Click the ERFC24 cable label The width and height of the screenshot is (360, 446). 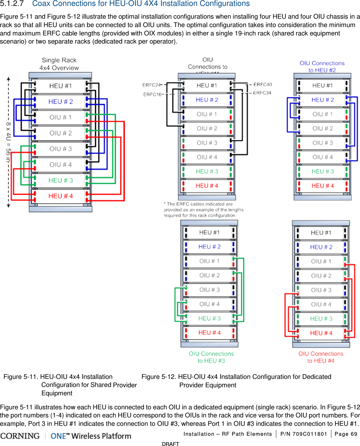(151, 85)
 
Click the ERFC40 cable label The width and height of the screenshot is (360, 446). (262, 84)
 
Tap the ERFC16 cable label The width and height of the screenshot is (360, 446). (152, 94)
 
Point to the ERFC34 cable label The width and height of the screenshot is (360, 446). (262, 93)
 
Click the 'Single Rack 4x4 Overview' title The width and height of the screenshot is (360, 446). (59, 64)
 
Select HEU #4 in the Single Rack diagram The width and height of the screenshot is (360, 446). (60, 196)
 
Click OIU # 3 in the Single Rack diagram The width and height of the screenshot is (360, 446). (60, 149)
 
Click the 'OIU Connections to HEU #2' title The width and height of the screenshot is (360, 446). (322, 67)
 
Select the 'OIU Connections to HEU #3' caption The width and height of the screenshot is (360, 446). (211, 357)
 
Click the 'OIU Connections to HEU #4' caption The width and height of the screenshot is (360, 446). (321, 357)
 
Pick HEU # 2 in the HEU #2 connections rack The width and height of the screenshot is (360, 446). (323, 100)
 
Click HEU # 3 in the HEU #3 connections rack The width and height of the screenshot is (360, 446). (209, 319)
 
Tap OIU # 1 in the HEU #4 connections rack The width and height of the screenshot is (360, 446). (321, 261)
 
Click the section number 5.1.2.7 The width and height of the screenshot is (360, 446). (12, 4)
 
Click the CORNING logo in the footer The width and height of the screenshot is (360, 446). (20, 436)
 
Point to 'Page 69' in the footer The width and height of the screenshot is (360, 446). (346, 434)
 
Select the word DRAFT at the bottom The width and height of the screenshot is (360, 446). (170, 444)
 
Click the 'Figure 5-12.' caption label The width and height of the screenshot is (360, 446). (159, 377)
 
